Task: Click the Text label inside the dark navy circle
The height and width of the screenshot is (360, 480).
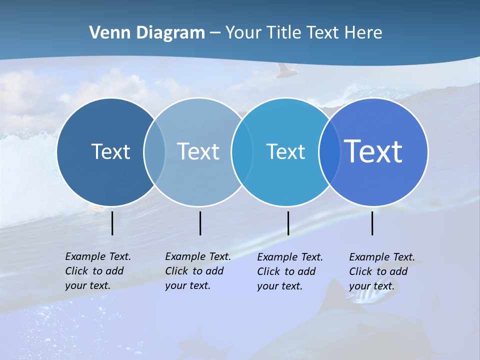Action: tap(110, 151)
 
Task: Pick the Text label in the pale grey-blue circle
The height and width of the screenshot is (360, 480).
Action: tap(198, 151)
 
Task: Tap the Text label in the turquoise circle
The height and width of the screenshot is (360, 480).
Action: tap(285, 151)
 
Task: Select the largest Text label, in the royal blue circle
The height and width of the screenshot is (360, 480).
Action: tap(373, 151)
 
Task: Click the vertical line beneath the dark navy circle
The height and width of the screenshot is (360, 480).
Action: tap(112, 223)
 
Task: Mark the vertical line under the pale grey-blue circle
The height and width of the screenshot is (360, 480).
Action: tap(200, 223)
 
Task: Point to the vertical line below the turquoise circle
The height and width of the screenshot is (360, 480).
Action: tap(288, 223)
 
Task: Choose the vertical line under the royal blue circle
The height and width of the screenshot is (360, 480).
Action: tap(372, 223)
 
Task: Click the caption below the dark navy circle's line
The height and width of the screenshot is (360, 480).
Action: tap(97, 271)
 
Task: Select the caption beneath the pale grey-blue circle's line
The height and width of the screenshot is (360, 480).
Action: tap(197, 271)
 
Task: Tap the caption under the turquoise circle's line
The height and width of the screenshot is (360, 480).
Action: tap(289, 271)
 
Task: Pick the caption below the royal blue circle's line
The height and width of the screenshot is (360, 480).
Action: tap(381, 271)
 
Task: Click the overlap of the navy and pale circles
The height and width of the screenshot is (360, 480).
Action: tap(154, 151)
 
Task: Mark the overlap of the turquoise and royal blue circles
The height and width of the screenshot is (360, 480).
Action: tap(329, 151)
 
